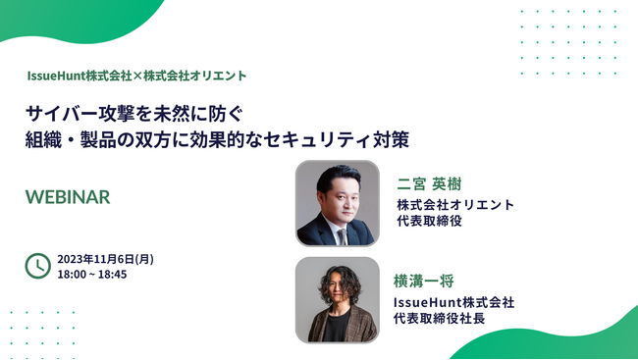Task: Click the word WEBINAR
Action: pyautogui.click(x=68, y=196)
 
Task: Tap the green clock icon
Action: pyautogui.click(x=37, y=266)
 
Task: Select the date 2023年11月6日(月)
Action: pyautogui.click(x=106, y=259)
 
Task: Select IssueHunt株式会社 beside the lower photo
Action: pyautogui.click(x=453, y=302)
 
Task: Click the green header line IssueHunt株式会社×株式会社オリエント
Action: pyautogui.click(x=137, y=75)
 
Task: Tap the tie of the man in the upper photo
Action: pyautogui.click(x=342, y=232)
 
